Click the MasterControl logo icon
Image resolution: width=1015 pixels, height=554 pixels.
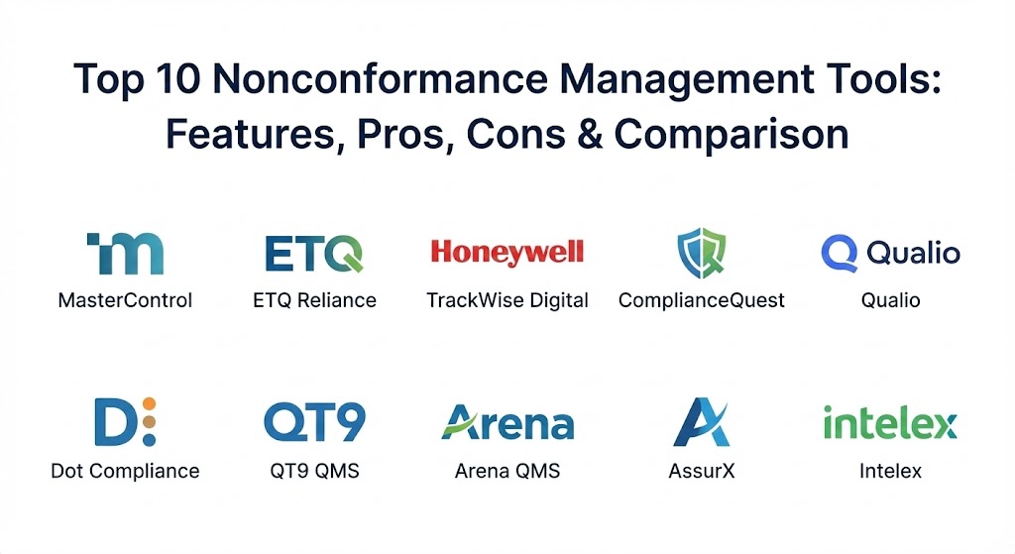coord(125,254)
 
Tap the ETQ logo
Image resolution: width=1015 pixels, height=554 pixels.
coord(314,254)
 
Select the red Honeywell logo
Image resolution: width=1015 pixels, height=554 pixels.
coord(507,253)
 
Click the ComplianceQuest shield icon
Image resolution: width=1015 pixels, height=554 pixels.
coord(701,253)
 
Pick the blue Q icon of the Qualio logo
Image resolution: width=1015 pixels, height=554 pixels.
coord(839,253)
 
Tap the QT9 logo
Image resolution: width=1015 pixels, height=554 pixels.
coord(314,422)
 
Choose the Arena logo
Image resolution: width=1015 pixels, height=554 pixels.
coord(507,423)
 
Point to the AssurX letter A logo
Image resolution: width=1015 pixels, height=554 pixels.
coord(701,422)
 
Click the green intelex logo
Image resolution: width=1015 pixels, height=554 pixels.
coord(890,424)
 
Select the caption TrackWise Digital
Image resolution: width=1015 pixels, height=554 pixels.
coord(507,300)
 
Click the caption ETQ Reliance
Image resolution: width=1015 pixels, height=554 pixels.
coord(314,300)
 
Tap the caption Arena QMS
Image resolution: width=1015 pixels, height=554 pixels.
coord(507,471)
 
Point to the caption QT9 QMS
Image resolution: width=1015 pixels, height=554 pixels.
coord(314,471)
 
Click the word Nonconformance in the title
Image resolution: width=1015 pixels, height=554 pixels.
coord(380,78)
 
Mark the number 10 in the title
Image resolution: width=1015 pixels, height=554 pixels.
coord(176,78)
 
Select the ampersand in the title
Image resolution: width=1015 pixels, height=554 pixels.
coord(590,134)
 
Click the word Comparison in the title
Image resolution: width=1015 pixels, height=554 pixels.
coord(731,135)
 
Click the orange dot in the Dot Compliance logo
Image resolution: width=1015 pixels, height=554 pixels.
coord(149,403)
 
